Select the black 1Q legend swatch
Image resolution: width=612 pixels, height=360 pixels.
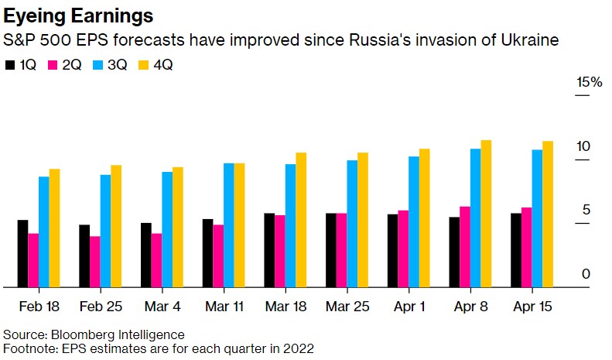pos(9,64)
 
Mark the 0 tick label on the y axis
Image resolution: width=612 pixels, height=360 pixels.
pos(586,274)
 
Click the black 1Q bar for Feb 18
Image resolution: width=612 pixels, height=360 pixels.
pos(22,253)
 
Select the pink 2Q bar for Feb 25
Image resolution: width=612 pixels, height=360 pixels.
pos(94,261)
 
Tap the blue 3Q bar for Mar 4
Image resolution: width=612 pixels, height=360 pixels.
pos(167,228)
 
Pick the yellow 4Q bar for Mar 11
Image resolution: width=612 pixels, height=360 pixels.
pos(239,225)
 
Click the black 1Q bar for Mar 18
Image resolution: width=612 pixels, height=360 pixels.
pos(269,250)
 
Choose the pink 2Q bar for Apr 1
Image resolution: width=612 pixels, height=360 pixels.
pos(403,248)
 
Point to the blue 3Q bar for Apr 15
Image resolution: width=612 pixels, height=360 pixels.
pos(537,218)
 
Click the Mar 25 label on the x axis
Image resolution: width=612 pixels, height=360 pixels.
pos(347,307)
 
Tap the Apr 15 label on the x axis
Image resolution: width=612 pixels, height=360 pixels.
pos(532,307)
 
